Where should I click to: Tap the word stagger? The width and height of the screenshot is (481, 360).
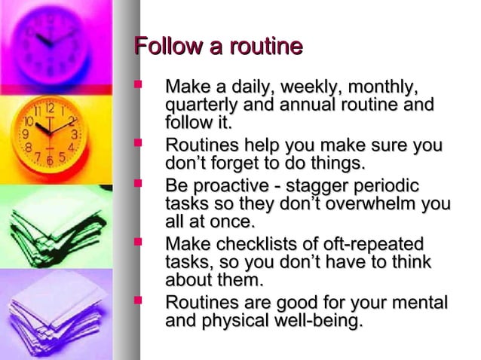pyautogui.click(x=328, y=185)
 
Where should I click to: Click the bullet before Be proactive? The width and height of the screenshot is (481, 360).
pyautogui.click(x=137, y=183)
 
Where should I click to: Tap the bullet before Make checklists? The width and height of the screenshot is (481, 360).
pyautogui.click(x=137, y=243)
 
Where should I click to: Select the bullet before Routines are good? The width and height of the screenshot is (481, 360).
pyautogui.click(x=137, y=302)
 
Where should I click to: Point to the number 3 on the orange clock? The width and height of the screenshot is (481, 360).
pyautogui.click(x=74, y=134)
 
